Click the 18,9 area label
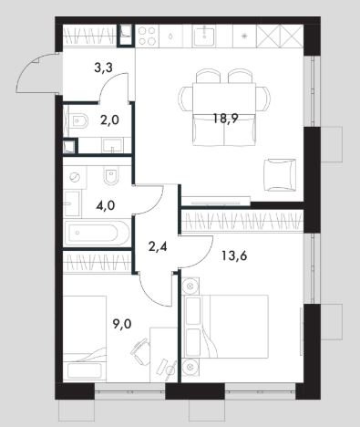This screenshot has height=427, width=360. [225, 119]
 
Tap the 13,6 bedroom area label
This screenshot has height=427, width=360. [234, 255]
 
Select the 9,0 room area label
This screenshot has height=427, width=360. [122, 325]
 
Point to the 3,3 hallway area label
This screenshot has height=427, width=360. [103, 68]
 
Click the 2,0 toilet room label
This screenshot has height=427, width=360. [109, 120]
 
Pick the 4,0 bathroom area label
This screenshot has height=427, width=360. [105, 205]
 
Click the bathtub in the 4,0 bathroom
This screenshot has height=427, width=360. [96, 234]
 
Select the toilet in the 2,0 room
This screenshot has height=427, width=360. [78, 121]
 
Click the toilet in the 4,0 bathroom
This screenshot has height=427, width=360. [110, 175]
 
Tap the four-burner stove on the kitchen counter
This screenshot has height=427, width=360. [147, 36]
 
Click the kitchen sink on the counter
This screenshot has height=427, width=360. [204, 36]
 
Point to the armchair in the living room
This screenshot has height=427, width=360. [280, 175]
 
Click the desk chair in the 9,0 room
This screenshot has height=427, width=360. [140, 351]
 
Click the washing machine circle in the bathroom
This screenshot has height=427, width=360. [74, 177]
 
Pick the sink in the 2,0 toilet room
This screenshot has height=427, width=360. [113, 145]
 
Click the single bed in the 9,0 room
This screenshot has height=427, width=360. [85, 338]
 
